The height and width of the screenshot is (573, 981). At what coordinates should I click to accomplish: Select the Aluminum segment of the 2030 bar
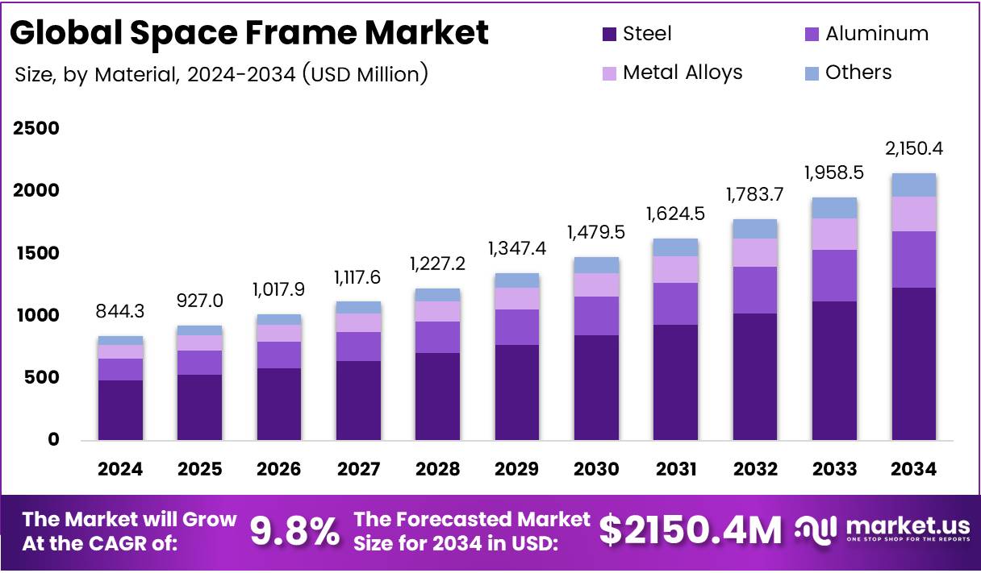click(596, 316)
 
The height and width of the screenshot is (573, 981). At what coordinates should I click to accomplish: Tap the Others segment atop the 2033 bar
click(834, 208)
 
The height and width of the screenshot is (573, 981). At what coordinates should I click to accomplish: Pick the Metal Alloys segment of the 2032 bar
click(755, 252)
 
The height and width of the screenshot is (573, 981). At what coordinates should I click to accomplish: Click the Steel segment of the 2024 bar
click(120, 409)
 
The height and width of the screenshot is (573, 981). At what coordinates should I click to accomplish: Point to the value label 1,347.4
click(517, 248)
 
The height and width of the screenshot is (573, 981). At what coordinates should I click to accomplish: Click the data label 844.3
click(120, 311)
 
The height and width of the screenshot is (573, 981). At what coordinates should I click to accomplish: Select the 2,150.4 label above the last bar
click(913, 149)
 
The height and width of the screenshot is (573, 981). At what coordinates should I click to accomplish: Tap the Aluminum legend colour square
click(812, 35)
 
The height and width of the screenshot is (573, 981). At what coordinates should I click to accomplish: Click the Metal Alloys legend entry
click(683, 73)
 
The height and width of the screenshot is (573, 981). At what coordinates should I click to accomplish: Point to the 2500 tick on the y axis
click(36, 129)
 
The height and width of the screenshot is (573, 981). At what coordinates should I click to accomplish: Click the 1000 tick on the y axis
click(36, 315)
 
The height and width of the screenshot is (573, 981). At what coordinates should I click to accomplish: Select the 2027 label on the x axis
click(358, 469)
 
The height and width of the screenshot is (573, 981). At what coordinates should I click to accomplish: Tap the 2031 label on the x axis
click(675, 469)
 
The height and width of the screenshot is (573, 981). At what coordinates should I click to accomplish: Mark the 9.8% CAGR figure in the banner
click(294, 531)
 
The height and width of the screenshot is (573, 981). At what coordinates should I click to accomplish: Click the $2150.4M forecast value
click(690, 531)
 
